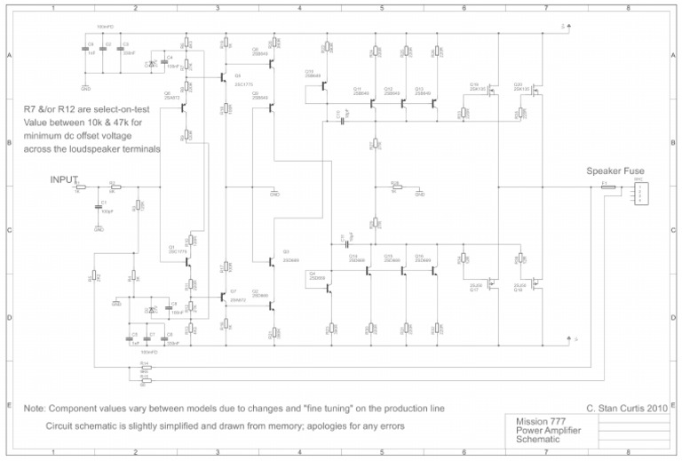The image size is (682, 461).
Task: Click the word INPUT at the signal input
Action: (x=64, y=179)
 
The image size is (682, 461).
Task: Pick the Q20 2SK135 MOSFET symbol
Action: (x=535, y=92)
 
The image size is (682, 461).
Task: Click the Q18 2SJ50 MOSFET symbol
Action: (x=535, y=283)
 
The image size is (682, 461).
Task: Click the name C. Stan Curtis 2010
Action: (x=626, y=408)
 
